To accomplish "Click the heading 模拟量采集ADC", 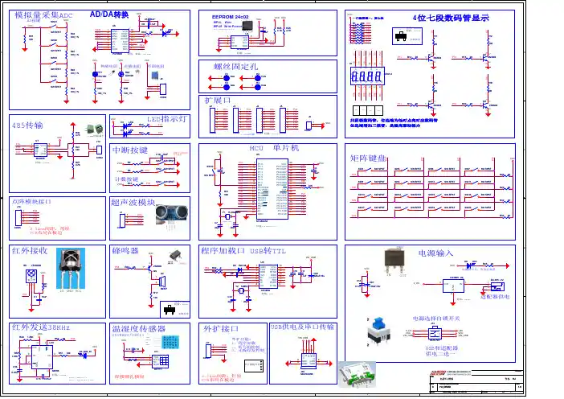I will tap(43, 15).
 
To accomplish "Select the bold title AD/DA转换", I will tap(109, 15).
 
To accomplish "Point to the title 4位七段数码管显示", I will tap(449, 17).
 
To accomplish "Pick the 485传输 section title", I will tap(29, 125).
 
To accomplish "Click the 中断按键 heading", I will tap(130, 150).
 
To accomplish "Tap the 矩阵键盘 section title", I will tap(370, 158).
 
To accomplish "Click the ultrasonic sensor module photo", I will tap(166, 212).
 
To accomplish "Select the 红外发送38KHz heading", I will tap(41, 328).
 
